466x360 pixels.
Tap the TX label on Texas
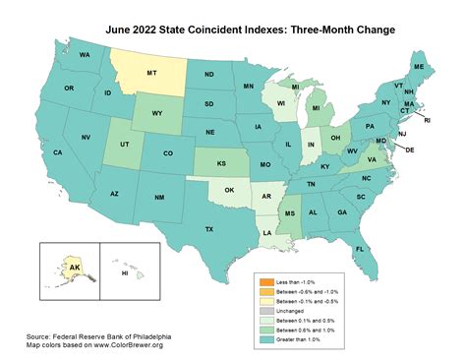pos(208,229)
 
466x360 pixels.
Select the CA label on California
pos(58,152)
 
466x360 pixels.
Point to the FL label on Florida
pos(360,248)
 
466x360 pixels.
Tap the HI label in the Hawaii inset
pos(125,272)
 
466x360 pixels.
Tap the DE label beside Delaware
pos(411,150)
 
